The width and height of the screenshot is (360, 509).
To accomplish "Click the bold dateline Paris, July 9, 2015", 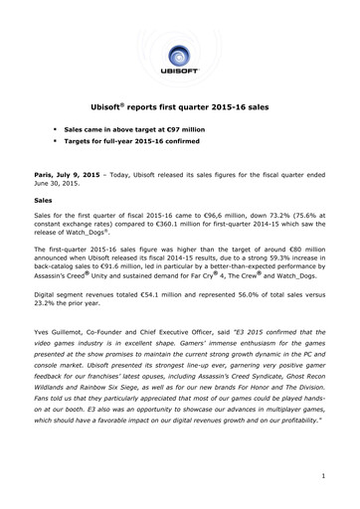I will (66, 171).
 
